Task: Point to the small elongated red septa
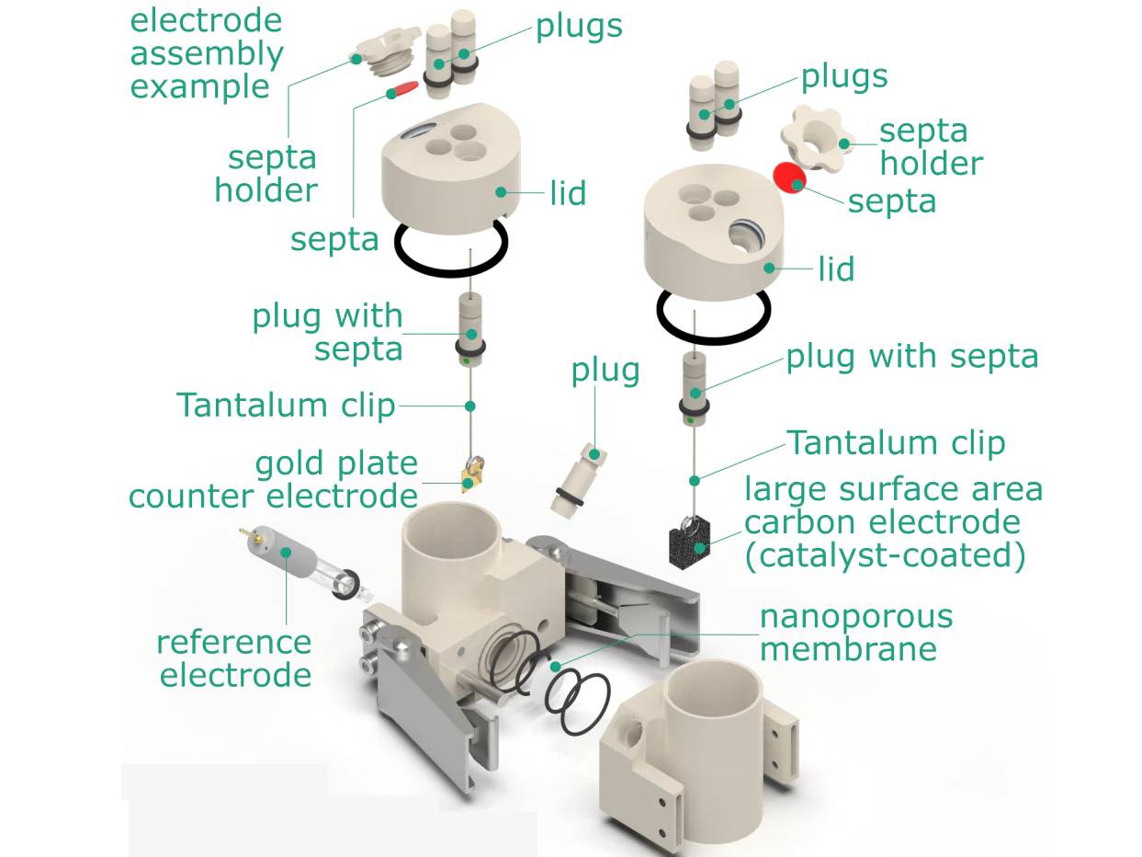(401, 89)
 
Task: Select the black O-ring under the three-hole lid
(451, 246)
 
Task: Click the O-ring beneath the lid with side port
(713, 313)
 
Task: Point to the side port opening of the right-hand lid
(745, 239)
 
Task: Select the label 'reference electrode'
(235, 657)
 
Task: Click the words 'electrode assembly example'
(206, 53)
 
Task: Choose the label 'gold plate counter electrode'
(274, 479)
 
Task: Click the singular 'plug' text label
(605, 370)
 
